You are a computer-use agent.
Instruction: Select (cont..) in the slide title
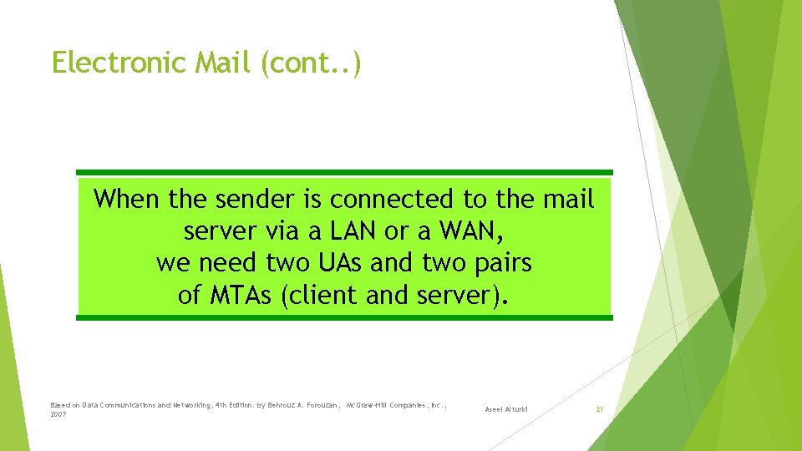click(x=312, y=63)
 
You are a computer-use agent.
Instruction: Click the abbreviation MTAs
click(x=236, y=295)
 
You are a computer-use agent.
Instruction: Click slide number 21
click(x=599, y=409)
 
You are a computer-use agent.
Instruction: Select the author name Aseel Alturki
click(x=507, y=409)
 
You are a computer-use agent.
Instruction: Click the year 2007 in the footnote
click(x=58, y=414)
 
